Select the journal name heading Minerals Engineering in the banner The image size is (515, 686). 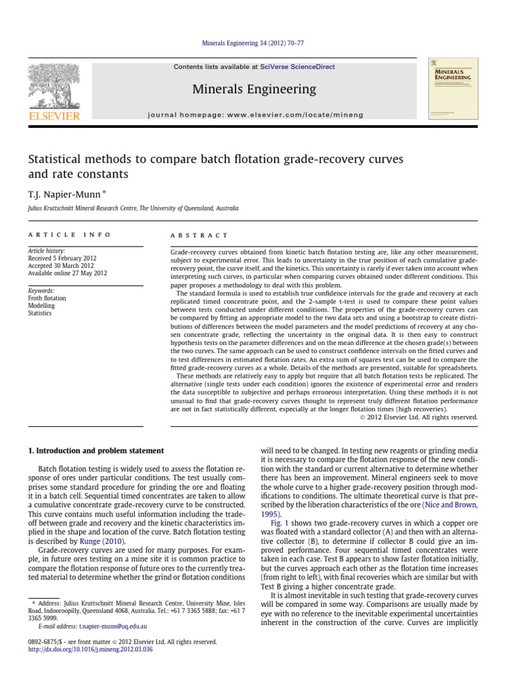[x=254, y=89]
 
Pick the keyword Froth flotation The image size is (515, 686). [x=47, y=298]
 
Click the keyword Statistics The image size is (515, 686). [x=40, y=313]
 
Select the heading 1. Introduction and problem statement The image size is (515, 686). [x=95, y=450]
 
